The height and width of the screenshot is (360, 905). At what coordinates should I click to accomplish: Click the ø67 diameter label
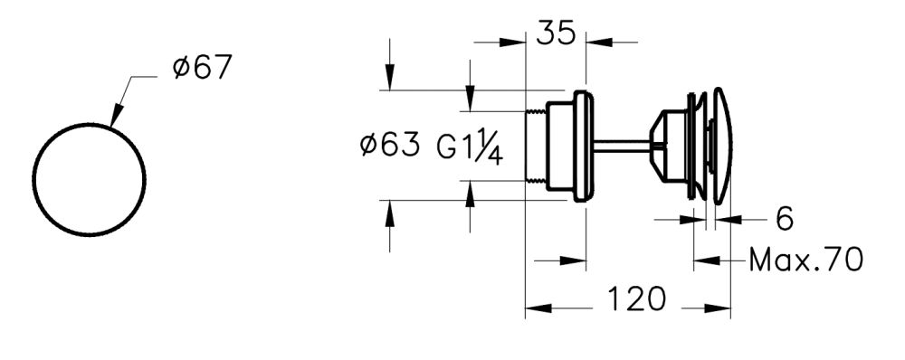(x=203, y=68)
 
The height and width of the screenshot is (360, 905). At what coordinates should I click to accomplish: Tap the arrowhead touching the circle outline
(x=115, y=118)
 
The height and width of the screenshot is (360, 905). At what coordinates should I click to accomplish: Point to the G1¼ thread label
(x=470, y=146)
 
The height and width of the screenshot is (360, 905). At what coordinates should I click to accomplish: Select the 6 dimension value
(x=785, y=218)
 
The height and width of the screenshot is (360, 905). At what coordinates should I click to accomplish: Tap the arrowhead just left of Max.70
(x=707, y=261)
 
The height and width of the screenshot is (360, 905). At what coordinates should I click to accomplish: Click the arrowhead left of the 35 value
(x=513, y=42)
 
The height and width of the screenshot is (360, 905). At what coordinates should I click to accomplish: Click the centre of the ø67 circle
(x=89, y=179)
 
